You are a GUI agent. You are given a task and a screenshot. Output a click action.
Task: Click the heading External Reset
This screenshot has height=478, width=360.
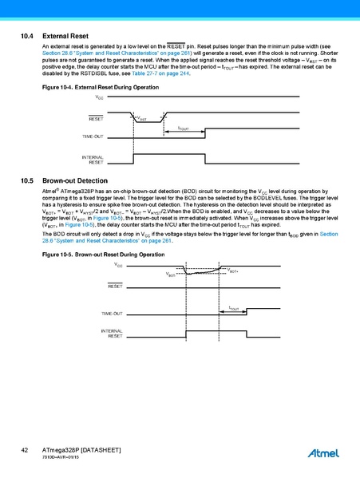point(65,37)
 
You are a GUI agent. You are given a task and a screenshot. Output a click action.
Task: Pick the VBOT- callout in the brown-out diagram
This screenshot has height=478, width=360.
point(172,275)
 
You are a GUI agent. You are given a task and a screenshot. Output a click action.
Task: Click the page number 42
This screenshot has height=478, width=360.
point(26,451)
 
